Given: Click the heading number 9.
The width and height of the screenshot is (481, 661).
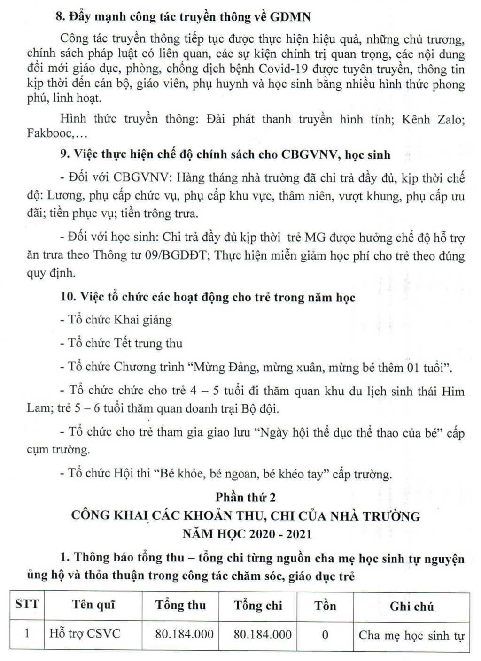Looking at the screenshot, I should [65, 154].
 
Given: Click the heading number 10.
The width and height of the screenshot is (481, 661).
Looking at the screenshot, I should [68, 297].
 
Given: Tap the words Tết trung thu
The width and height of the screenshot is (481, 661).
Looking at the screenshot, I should [148, 343].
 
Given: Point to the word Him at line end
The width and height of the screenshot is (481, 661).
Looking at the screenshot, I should [452, 391].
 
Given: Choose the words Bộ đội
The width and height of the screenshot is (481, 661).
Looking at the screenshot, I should [260, 408].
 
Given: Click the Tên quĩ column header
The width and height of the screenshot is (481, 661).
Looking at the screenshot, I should [93, 605].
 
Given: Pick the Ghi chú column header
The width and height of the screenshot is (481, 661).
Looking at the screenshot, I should [411, 606].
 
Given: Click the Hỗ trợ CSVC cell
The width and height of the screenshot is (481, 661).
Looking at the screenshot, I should [85, 633].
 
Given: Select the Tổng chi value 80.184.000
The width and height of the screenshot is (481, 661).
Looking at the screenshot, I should [263, 634].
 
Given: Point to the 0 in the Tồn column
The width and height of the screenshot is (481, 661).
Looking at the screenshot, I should [325, 635].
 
